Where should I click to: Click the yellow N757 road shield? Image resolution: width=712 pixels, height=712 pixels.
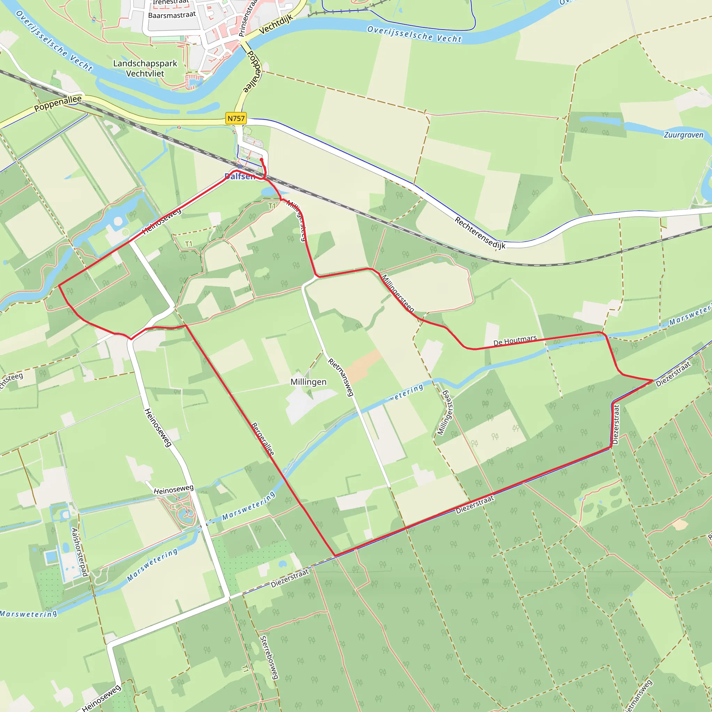pos(236,118)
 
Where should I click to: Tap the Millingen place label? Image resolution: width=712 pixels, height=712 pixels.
pos(308,382)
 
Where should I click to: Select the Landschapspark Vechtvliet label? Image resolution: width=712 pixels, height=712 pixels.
pos(145,68)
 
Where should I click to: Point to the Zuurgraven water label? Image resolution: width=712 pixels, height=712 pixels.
pos(683,135)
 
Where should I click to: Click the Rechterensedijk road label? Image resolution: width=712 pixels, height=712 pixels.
pos(480,233)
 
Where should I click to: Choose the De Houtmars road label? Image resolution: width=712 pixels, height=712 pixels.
pos(515,340)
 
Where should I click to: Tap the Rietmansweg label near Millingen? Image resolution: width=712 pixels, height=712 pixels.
pos(341,377)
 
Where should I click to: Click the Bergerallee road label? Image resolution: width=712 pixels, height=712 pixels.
pos(263,439)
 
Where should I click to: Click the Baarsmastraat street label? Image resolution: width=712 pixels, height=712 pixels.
pos(172,15)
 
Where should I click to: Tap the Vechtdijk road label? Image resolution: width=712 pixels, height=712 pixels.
pos(276,24)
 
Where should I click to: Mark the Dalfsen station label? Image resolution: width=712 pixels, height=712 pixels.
pos(240,177)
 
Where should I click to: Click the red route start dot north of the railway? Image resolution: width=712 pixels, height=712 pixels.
pos(261,160)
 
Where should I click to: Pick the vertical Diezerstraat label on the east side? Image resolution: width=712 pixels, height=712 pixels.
pos(615,424)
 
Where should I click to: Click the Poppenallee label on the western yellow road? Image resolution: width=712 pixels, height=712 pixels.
pos(58,104)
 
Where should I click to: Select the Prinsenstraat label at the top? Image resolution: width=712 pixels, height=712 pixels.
pos(247,18)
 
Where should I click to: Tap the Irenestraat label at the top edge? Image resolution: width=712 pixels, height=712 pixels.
pos(171,2)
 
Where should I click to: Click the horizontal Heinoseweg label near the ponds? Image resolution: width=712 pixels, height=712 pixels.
pos(173,490)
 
